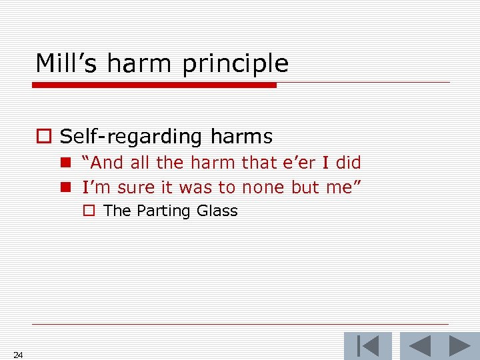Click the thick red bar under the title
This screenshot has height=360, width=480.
154,85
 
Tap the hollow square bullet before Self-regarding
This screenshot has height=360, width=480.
44,137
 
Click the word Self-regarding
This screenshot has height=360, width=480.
131,137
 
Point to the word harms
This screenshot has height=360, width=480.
241,137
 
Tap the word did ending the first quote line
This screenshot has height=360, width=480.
348,163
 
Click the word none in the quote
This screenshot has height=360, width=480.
264,188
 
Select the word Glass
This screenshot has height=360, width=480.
217,211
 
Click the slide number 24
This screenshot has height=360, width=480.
18,355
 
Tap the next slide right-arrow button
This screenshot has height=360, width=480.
459,347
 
